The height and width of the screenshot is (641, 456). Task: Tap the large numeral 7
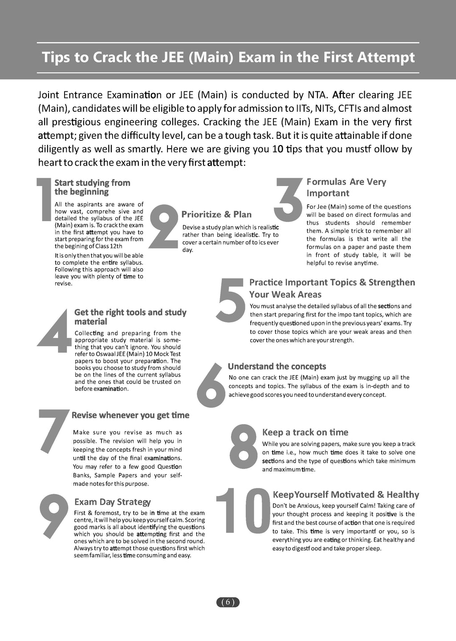click(x=53, y=429)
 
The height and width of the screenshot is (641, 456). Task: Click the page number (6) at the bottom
click(x=228, y=602)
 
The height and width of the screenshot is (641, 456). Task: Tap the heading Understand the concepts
click(x=277, y=366)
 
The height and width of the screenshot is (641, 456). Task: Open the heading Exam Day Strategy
click(x=112, y=502)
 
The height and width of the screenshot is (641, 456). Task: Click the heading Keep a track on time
click(x=305, y=432)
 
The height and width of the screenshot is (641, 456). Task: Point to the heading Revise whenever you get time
click(x=130, y=415)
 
